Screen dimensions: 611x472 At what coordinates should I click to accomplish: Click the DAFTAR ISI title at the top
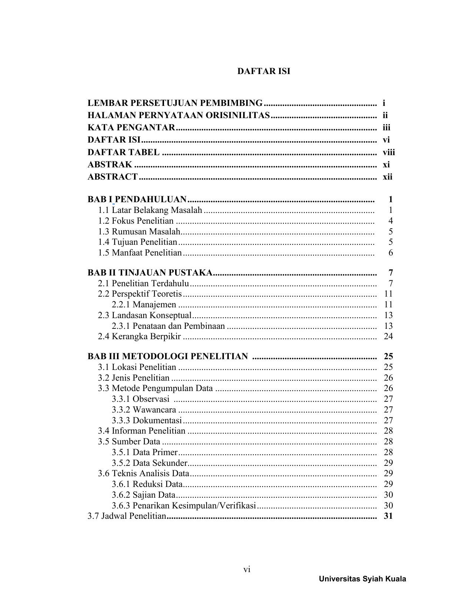pos(264,71)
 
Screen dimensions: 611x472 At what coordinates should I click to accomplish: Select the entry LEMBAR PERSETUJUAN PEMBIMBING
pos(175,103)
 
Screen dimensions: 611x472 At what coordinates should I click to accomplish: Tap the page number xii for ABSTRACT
pos(387,177)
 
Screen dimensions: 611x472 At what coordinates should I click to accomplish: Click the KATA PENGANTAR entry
pos(131,128)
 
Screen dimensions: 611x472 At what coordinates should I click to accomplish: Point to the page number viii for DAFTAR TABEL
pos(389,152)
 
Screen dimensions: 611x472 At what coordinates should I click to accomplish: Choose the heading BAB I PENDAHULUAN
pos(137,200)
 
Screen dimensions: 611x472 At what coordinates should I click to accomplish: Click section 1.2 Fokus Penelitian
pos(135,221)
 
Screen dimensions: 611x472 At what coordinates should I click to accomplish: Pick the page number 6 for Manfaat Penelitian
pos(391,253)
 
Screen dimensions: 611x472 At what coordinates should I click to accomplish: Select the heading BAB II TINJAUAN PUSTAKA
pos(150,273)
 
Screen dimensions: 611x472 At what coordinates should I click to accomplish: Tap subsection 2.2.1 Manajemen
pos(144,305)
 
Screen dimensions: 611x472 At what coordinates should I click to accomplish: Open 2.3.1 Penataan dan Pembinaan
pos(168,326)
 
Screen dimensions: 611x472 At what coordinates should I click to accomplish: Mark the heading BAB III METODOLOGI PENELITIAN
pos(168,356)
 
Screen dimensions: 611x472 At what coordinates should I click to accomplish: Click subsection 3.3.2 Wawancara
pos(144,410)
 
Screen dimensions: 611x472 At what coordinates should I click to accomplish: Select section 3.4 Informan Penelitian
pos(141,431)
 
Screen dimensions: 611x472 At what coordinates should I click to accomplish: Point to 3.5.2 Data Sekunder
pos(150,463)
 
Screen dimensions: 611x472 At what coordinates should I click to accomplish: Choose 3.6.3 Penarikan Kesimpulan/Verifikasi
pos(184,505)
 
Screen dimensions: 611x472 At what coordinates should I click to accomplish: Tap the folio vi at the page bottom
pos(247,570)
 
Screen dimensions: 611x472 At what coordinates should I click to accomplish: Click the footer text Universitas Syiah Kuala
pos(362,579)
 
